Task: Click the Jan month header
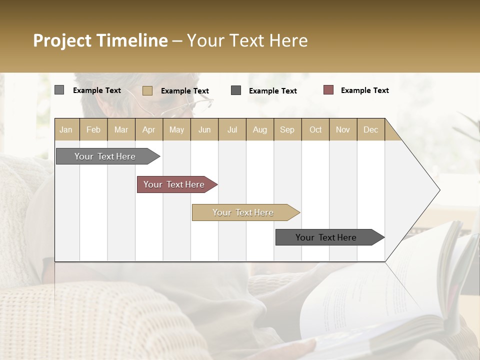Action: point(66,129)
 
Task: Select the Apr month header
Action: point(149,129)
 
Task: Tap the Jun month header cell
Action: point(204,129)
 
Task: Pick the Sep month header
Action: point(287,129)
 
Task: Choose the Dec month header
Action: point(370,129)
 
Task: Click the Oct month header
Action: point(315,129)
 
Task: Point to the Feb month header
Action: point(93,129)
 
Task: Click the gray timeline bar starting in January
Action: point(105,156)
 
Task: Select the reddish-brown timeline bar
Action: point(174,184)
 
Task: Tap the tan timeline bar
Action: point(243,212)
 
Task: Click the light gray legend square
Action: point(59,90)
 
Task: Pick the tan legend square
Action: point(147,90)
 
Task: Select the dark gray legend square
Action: point(236,90)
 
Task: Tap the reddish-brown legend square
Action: point(328,90)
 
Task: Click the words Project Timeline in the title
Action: point(100,40)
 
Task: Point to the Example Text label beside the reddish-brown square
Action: point(364,90)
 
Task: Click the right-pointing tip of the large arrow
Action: point(438,190)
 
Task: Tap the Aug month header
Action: point(260,129)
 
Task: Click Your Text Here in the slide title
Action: point(247,40)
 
